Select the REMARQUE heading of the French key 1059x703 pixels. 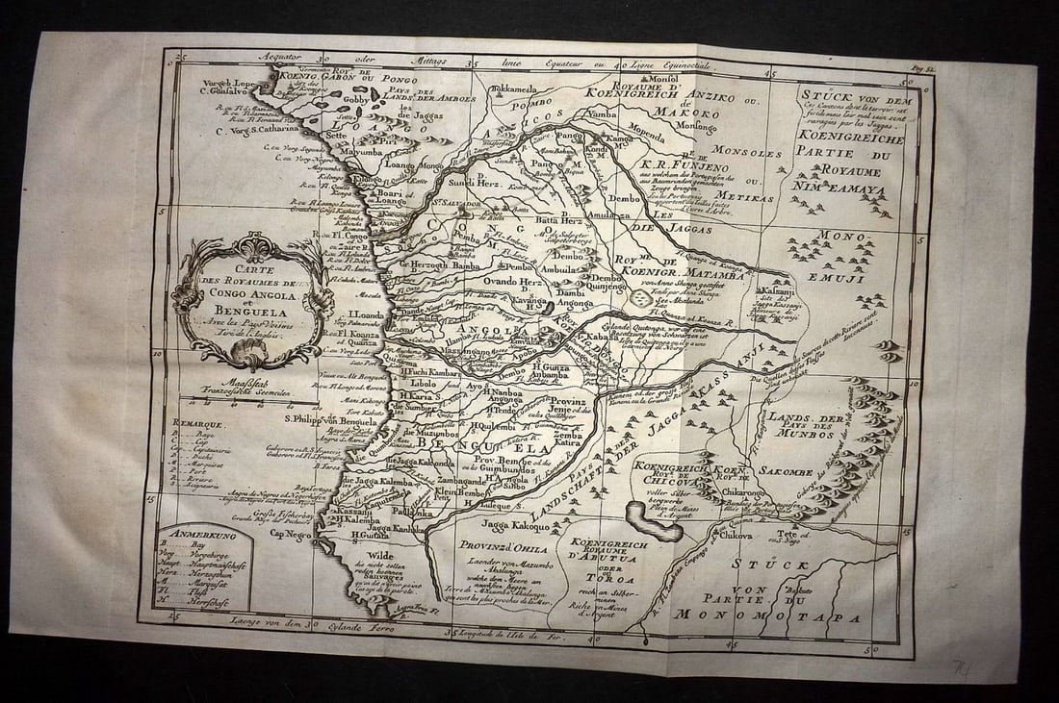coord(197,422)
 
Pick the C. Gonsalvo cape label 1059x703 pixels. coord(228,91)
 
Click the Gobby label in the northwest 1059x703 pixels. coord(357,99)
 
